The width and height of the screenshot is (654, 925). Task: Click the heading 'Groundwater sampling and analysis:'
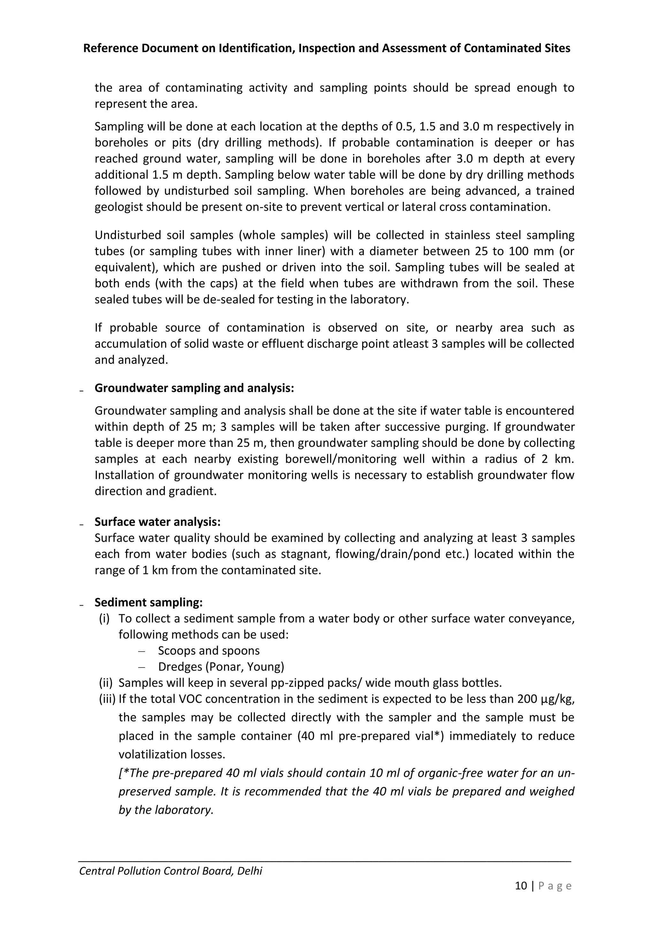click(194, 388)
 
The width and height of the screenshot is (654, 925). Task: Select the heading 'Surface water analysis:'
click(157, 522)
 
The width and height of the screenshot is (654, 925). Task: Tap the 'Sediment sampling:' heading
click(148, 602)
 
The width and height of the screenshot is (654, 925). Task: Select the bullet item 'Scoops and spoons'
click(209, 651)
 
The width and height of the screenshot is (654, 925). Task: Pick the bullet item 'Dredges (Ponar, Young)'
click(221, 667)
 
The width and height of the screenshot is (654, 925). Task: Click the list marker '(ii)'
click(106, 683)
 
